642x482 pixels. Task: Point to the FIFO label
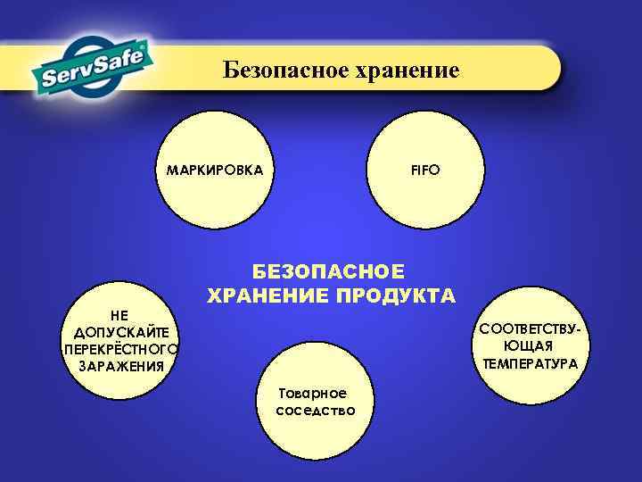pos(425,170)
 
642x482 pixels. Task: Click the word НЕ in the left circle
pos(119,316)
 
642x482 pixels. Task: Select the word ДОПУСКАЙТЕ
pos(119,332)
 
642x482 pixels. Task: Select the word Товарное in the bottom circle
pos(312,394)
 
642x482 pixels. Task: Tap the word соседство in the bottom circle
pos(316,411)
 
